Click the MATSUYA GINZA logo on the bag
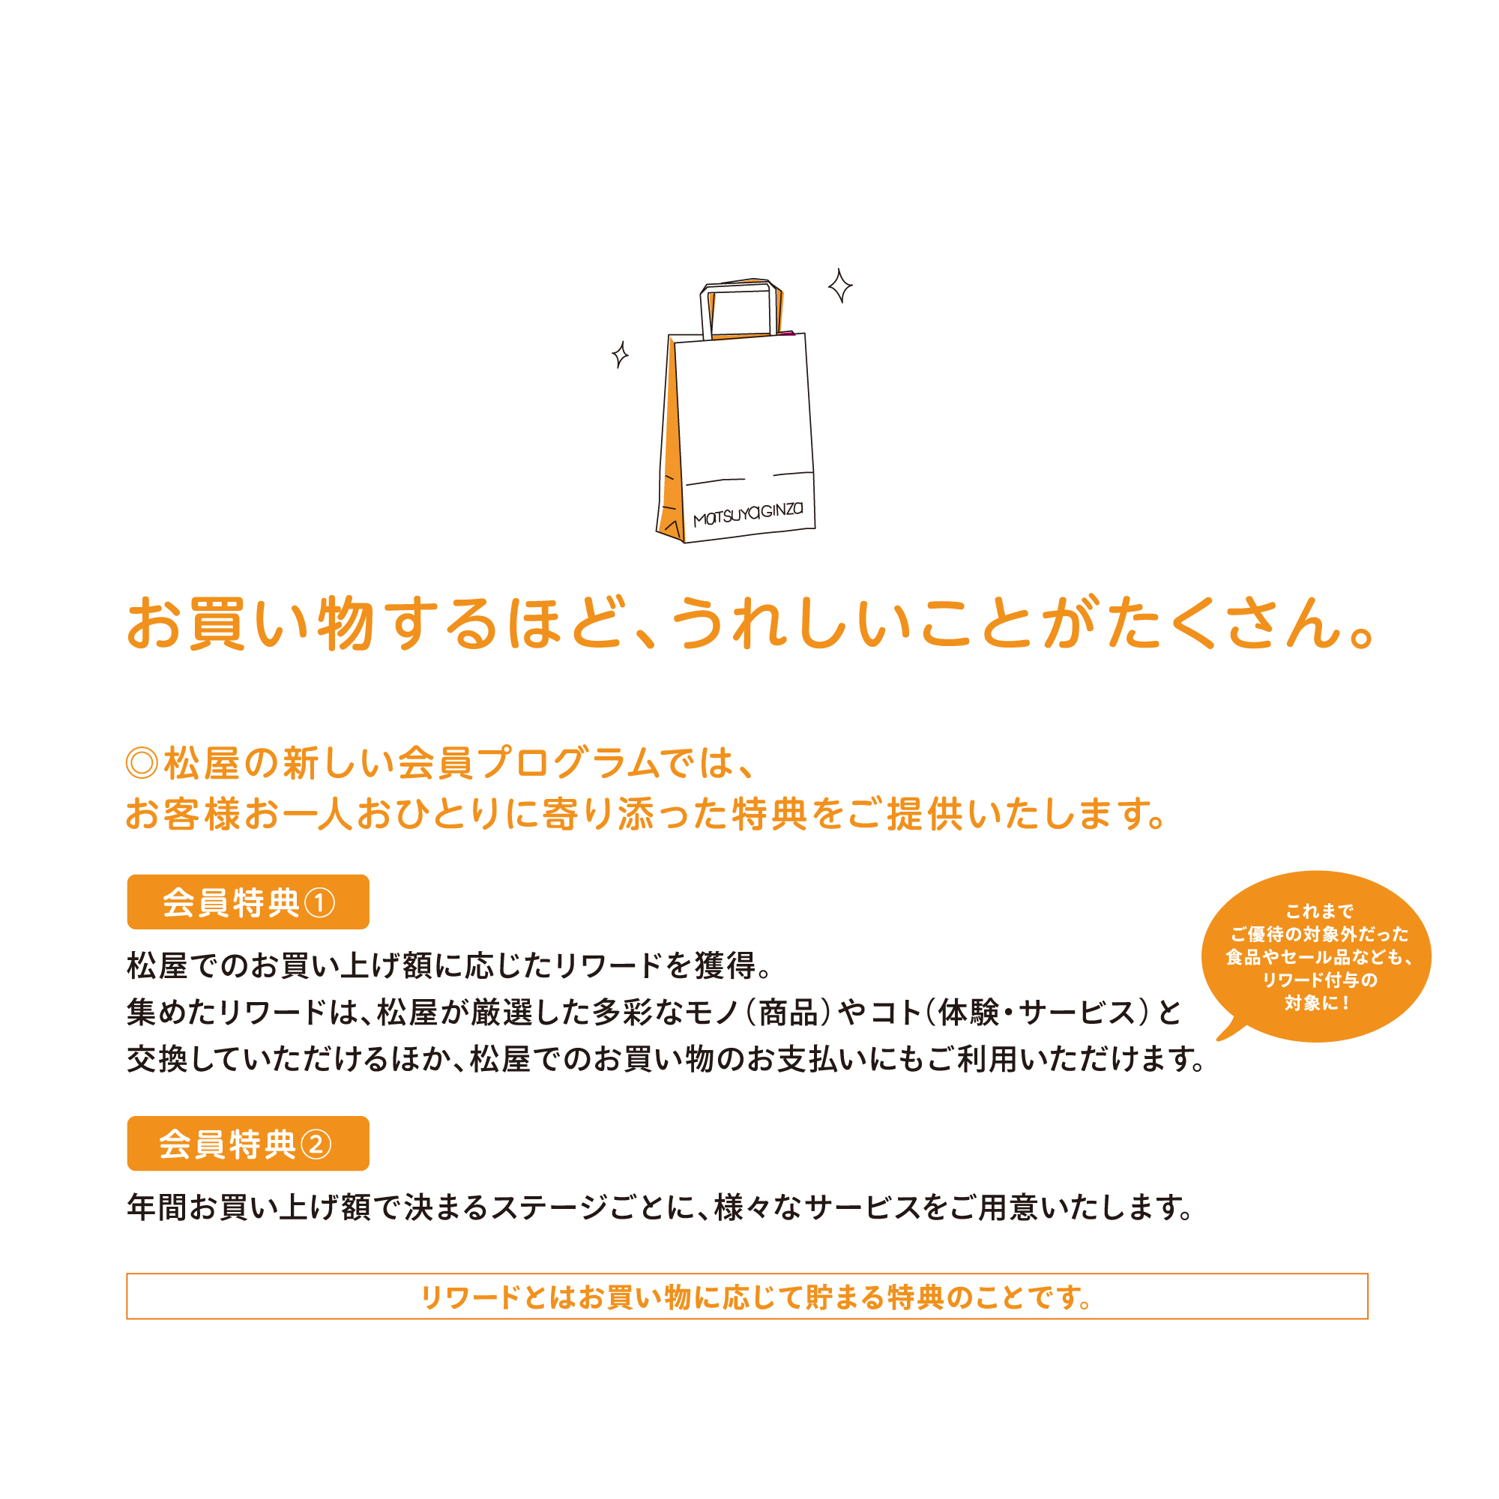(x=747, y=513)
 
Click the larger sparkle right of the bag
(x=839, y=286)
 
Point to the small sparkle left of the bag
(x=619, y=355)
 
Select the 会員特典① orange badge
(x=247, y=902)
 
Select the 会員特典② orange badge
(x=247, y=1143)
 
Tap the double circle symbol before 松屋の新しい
(x=142, y=763)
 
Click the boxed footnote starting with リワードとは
(x=747, y=1296)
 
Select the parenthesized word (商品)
(x=788, y=1013)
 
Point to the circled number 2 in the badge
(x=316, y=1144)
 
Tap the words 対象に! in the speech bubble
(x=1317, y=1004)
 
